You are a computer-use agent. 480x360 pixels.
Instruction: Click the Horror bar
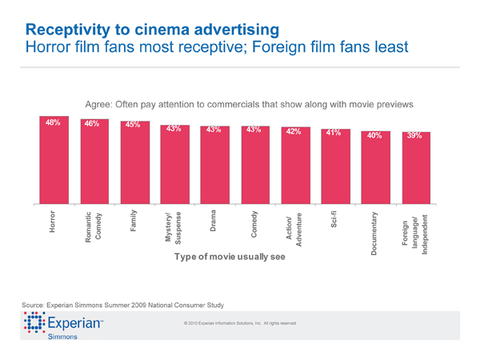tap(54, 160)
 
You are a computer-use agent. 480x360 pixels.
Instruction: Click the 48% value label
tap(54, 123)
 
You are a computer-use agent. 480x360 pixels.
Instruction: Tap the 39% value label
tap(414, 136)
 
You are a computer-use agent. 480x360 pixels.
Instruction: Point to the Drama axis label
tap(214, 221)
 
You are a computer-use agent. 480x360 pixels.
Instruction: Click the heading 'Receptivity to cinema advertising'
tap(152, 30)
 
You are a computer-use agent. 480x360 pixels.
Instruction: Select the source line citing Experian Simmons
tap(125, 305)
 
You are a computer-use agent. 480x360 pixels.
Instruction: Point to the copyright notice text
tap(240, 323)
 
